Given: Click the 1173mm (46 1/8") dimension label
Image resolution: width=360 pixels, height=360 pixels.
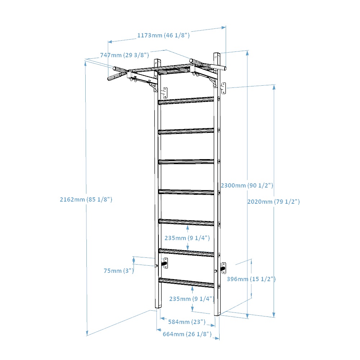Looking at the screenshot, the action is [x=163, y=35].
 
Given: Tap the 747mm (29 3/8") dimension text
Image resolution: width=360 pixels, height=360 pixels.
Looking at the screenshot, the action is [x=125, y=55].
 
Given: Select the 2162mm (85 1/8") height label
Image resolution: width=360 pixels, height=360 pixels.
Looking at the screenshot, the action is [x=86, y=199].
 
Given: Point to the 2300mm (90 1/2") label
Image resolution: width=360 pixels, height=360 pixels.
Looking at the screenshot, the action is [x=247, y=185].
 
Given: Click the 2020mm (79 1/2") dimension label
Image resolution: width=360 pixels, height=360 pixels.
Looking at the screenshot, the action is [x=274, y=202].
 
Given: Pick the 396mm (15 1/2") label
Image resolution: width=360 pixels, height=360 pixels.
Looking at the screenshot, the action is [x=251, y=279].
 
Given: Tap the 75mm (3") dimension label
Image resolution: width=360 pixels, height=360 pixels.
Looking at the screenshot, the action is [x=119, y=271].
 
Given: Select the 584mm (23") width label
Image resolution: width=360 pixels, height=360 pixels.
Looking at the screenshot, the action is [x=186, y=322].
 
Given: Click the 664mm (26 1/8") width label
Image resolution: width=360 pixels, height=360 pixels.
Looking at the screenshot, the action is [x=187, y=334].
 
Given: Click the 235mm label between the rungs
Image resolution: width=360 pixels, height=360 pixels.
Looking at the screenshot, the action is [x=187, y=238].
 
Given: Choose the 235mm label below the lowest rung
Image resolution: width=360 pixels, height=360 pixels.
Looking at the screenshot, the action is [x=192, y=299].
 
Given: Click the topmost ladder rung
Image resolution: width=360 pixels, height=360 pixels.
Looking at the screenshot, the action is [x=186, y=100].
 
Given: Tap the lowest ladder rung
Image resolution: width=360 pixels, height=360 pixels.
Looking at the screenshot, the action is [x=186, y=283].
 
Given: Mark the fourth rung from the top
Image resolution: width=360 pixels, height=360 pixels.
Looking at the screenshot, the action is [x=186, y=192].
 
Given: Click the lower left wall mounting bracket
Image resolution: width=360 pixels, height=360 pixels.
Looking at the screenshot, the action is [x=165, y=263].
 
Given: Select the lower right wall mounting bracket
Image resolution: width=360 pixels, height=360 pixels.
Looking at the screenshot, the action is [x=223, y=268].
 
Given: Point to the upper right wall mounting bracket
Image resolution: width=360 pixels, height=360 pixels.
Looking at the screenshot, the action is [x=223, y=89].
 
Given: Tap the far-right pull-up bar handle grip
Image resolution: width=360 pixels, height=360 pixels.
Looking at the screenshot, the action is [x=218, y=67].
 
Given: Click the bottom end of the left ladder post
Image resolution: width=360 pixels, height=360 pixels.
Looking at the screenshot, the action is [x=158, y=307].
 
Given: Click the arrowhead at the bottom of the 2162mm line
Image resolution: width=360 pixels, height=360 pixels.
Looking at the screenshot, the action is [x=87, y=333].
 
